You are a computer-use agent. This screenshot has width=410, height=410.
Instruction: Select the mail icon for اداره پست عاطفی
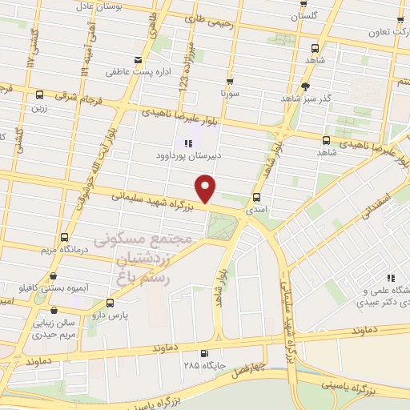coord(139,60)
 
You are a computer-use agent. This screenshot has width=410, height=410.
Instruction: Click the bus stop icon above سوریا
coord(231,82)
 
